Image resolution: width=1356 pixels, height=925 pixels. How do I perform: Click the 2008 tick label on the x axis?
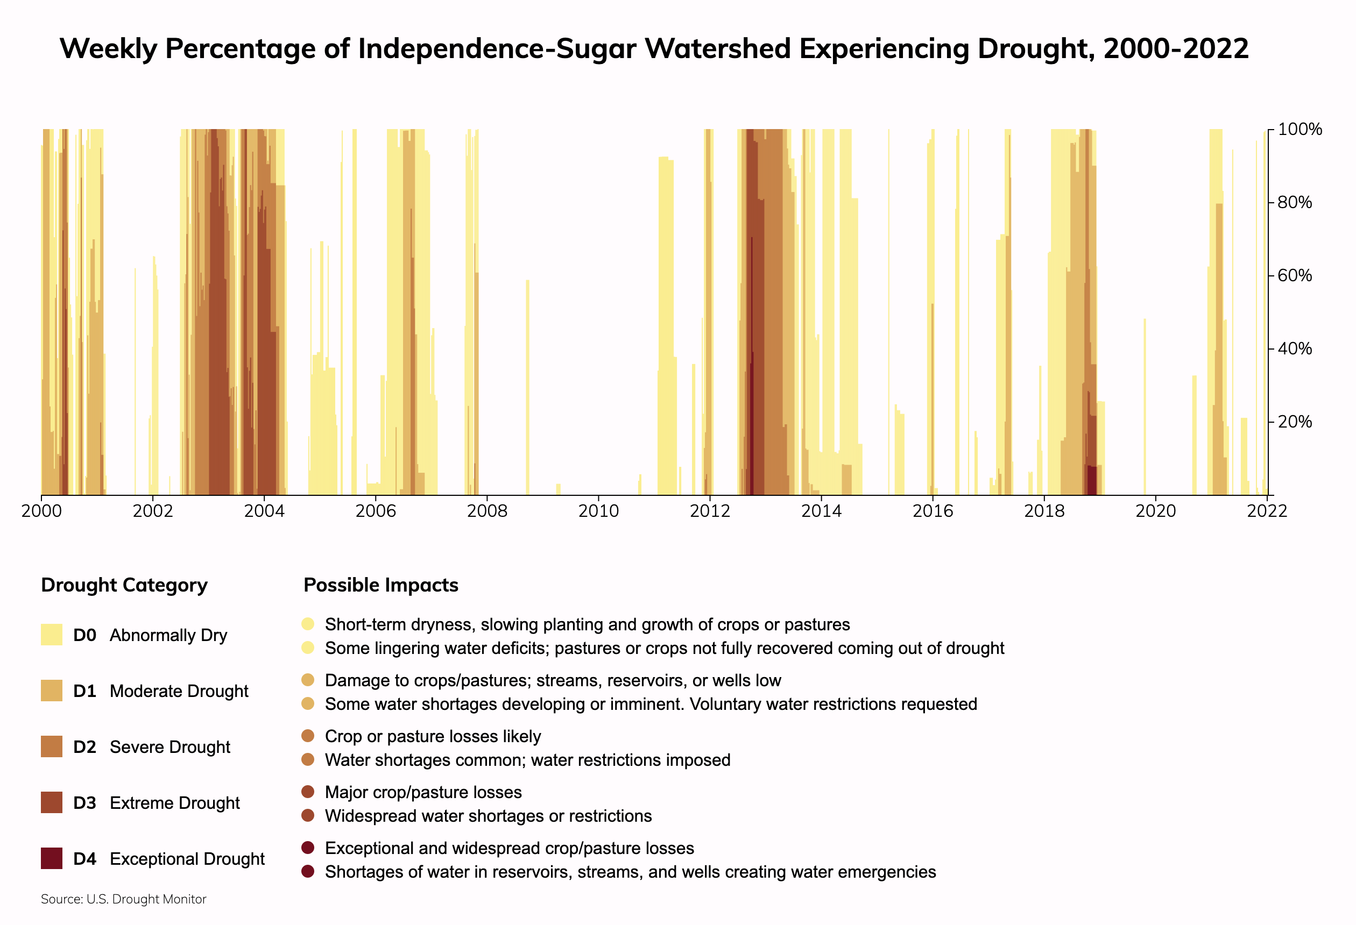coord(486,511)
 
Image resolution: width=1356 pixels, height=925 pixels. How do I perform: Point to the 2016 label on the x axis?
coord(933,511)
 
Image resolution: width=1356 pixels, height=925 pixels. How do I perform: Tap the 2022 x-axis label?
coord(1267,511)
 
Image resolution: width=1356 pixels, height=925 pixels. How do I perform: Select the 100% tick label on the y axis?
coord(1299,130)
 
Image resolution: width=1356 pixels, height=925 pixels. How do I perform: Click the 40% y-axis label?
coord(1295,349)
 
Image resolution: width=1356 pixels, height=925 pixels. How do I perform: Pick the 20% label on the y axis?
coord(1295,422)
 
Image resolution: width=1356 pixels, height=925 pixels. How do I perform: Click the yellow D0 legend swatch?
coord(51,635)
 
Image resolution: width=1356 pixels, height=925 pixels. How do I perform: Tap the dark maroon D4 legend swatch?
coord(51,858)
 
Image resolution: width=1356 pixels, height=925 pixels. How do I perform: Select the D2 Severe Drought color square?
coord(51,746)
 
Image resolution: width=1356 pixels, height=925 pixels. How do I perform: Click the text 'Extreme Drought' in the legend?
coord(174,803)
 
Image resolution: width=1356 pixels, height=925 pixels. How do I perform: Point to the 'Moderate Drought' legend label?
coord(179,691)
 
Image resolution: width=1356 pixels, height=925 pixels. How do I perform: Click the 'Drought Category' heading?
coord(124,585)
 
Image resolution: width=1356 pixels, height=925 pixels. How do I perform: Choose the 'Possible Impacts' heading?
coord(381,585)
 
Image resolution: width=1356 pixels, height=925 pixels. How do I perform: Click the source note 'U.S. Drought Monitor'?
coord(146,899)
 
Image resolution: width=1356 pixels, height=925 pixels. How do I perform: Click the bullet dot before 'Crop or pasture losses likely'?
coord(308,736)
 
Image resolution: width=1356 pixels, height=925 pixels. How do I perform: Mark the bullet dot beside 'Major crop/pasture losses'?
coord(308,792)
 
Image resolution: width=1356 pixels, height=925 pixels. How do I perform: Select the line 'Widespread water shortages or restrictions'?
coord(488,816)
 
